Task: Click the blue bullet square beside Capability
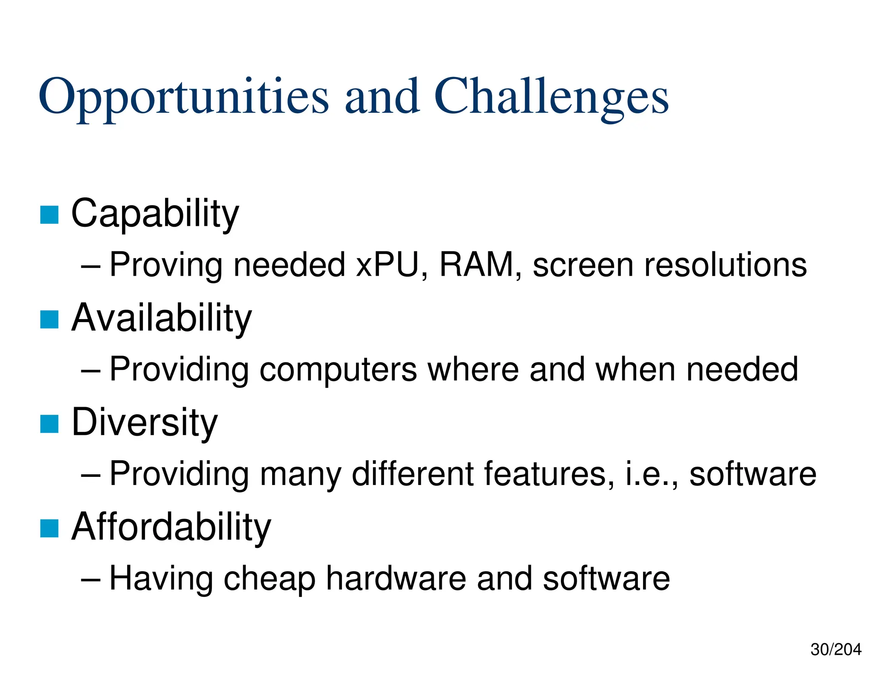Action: [x=49, y=214]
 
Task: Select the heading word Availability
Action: [x=162, y=318]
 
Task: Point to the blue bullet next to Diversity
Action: [x=49, y=424]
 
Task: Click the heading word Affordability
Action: [x=171, y=527]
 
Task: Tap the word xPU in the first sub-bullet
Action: [x=387, y=265]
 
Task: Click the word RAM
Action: [x=476, y=265]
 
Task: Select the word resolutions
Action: [x=725, y=265]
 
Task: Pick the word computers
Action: [x=338, y=369]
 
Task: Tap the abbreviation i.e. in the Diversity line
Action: [x=649, y=474]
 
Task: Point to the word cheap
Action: [x=269, y=579]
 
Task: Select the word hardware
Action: [x=396, y=578]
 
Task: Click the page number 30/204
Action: [x=835, y=650]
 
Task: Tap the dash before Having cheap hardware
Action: [x=90, y=579]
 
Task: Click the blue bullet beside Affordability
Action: [x=49, y=529]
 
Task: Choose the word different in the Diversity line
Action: [x=413, y=474]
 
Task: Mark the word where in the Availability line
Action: [x=473, y=369]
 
